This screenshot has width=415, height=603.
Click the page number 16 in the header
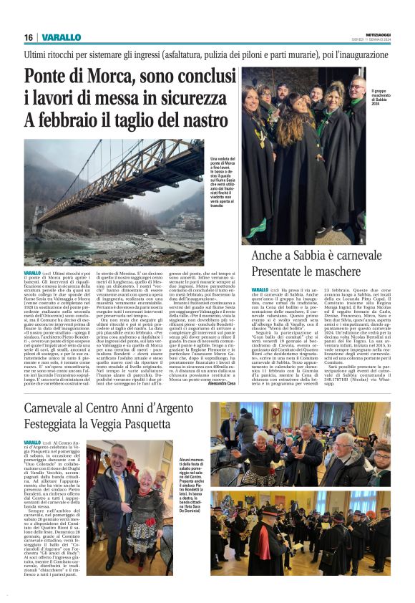point(29,37)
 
